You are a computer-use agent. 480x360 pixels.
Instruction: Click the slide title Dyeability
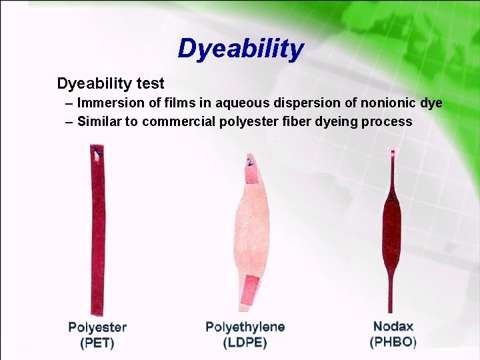point(241,49)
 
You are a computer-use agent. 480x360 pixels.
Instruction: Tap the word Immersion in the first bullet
point(108,103)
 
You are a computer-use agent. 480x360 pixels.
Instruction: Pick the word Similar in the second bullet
point(99,121)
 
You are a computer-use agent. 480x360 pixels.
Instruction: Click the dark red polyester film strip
point(98,233)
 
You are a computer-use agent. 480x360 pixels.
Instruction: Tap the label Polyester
point(97,328)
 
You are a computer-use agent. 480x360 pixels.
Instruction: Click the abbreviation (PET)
point(97,344)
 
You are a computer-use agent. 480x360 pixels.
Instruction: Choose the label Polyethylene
point(245,327)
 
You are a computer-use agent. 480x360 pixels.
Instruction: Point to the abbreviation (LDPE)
point(245,343)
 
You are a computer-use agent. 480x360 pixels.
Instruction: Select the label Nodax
point(393,327)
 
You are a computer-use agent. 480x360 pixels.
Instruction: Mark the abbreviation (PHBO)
point(393,343)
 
